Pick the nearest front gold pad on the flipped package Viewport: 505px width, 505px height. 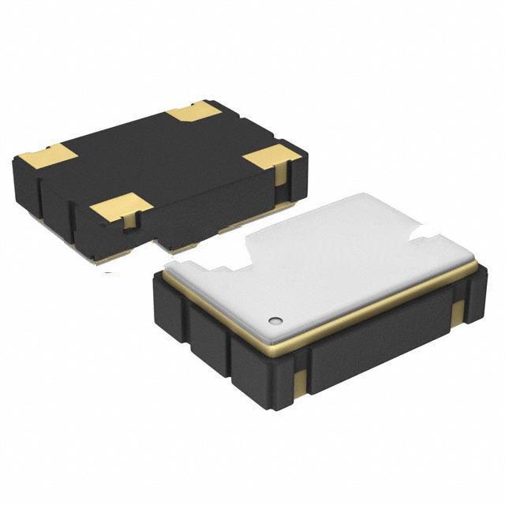coord(120,208)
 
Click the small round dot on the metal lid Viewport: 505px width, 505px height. coord(275,320)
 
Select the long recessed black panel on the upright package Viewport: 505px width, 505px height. coord(371,355)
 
